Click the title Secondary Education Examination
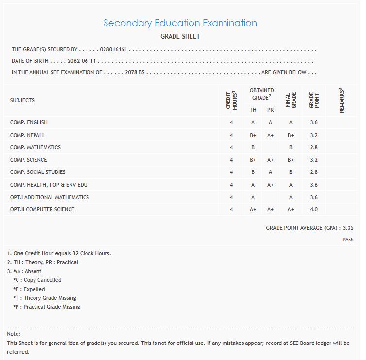tap(180, 23)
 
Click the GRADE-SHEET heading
tap(180, 36)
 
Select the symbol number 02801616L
tap(113, 50)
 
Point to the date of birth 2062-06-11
tap(82, 61)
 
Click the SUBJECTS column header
tap(22, 100)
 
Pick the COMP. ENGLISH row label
tap(29, 122)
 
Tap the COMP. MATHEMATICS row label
tap(35, 147)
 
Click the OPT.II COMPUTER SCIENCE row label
tap(42, 209)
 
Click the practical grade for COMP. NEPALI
tap(270, 135)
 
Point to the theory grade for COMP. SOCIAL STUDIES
tap(253, 172)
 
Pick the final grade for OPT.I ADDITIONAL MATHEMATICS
tap(291, 197)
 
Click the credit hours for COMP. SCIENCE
tap(231, 160)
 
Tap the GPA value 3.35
tap(348, 228)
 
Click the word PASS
tap(348, 240)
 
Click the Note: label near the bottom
tap(14, 334)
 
